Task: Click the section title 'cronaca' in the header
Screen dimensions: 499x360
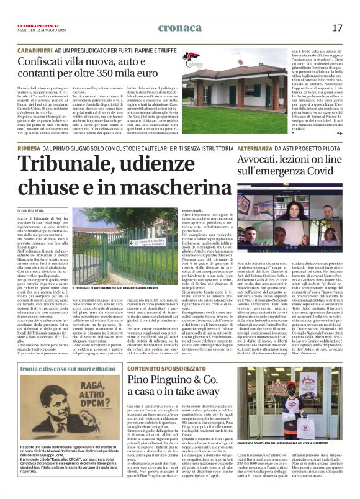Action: coord(180,27)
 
